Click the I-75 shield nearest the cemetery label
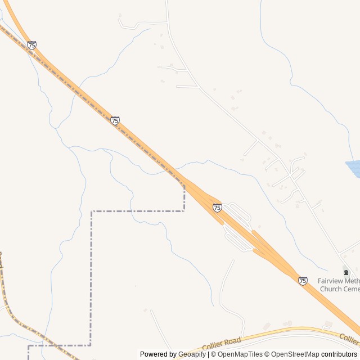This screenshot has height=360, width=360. tap(303, 280)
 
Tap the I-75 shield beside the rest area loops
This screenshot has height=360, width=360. tap(217, 208)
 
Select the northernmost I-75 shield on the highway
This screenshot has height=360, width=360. tap(31, 45)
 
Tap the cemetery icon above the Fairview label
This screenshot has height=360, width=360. tap(346, 272)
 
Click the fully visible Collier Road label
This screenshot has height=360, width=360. tap(222, 343)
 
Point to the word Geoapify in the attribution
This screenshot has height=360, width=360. tap(192, 354)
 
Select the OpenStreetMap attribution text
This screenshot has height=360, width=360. tap(292, 354)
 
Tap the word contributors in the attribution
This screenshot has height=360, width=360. tap(339, 354)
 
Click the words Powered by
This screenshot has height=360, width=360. tap(157, 354)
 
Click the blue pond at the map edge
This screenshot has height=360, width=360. tap(354, 168)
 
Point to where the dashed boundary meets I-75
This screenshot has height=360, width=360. tap(183, 184)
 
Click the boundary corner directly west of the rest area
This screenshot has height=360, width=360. tap(92, 211)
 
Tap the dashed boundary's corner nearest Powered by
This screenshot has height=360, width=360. tap(90, 345)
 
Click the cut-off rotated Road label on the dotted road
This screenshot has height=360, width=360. tap(1, 260)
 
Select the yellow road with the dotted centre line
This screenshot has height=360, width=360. tap(22, 326)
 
